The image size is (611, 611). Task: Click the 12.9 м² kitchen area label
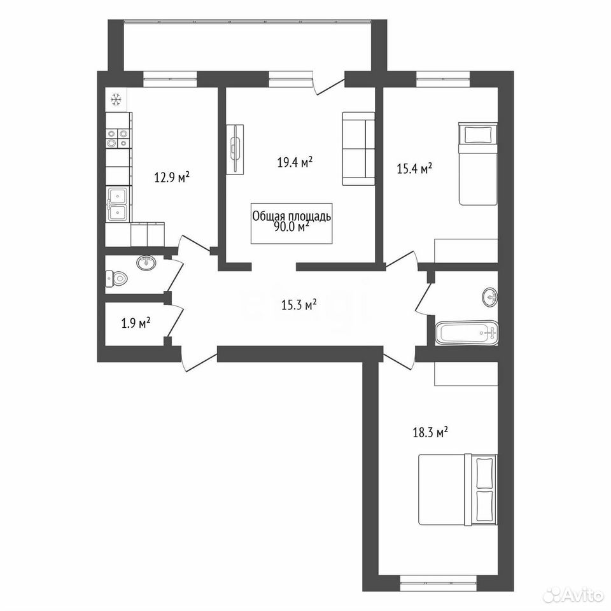pyautogui.click(x=172, y=178)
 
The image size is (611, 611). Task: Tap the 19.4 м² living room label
pyautogui.click(x=295, y=162)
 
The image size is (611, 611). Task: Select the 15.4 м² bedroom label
pyautogui.click(x=414, y=169)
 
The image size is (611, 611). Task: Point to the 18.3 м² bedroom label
pyautogui.click(x=430, y=433)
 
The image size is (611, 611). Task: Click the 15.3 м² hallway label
pyautogui.click(x=298, y=305)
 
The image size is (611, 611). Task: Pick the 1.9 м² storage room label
pyautogui.click(x=136, y=323)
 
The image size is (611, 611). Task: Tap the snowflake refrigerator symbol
pyautogui.click(x=116, y=100)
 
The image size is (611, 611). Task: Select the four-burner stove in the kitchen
pyautogui.click(x=118, y=138)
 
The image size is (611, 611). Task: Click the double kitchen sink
pyautogui.click(x=118, y=204)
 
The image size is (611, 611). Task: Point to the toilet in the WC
pyautogui.click(x=116, y=278)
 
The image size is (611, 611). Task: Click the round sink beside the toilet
pyautogui.click(x=146, y=263)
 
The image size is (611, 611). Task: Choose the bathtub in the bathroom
pyautogui.click(x=467, y=333)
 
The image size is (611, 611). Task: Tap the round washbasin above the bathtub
pyautogui.click(x=490, y=297)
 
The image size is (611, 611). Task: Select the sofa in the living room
pyautogui.click(x=358, y=148)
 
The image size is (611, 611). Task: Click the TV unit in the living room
pyautogui.click(x=235, y=149)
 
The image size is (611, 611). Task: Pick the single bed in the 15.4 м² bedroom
pyautogui.click(x=478, y=164)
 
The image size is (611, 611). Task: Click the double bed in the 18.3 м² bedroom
pyautogui.click(x=458, y=489)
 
